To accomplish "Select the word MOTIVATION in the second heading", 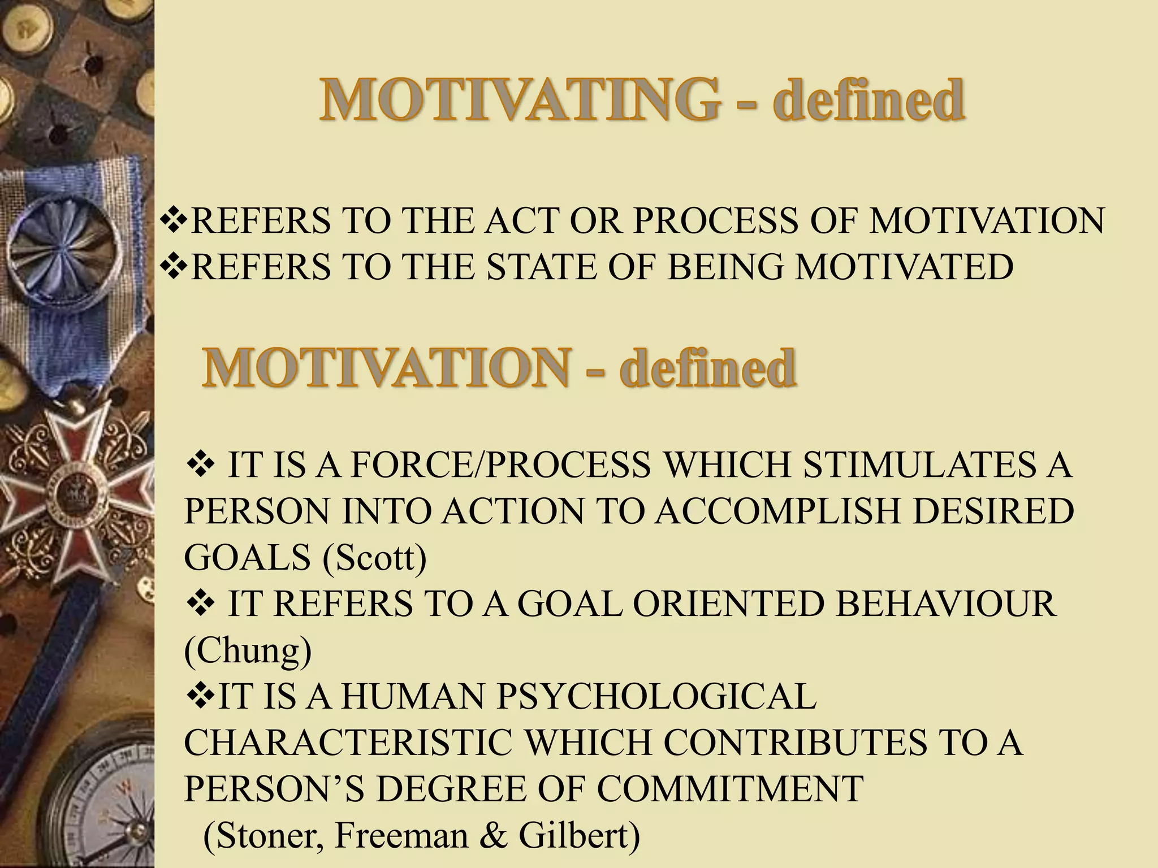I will pos(385,367).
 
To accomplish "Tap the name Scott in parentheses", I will pos(374,558).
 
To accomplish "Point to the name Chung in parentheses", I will pos(248,650).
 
